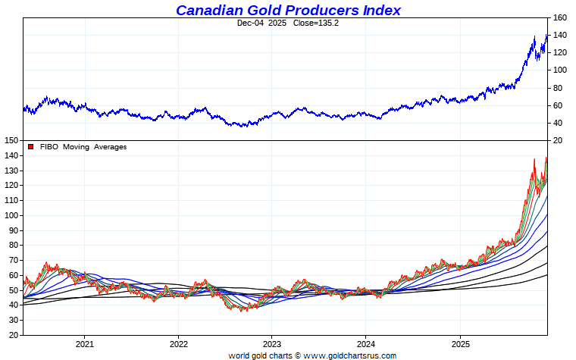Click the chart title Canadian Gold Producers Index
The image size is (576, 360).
pyautogui.click(x=288, y=10)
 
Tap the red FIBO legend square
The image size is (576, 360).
pyautogui.click(x=30, y=147)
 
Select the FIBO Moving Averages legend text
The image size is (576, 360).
pyautogui.click(x=83, y=147)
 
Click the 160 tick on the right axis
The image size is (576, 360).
pyautogui.click(x=560, y=17)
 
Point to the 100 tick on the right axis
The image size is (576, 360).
pyautogui.click(x=560, y=70)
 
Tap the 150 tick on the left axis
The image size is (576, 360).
pyautogui.click(x=11, y=140)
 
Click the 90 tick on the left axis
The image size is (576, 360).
pyautogui.click(x=13, y=230)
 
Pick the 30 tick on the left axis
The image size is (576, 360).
pyautogui.click(x=13, y=319)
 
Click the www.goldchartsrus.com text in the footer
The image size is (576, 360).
pyautogui.click(x=350, y=355)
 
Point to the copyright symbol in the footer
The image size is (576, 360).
pyautogui.click(x=297, y=355)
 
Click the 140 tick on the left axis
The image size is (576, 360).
pyautogui.click(x=11, y=155)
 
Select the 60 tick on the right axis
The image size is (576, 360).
pyautogui.click(x=558, y=105)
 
